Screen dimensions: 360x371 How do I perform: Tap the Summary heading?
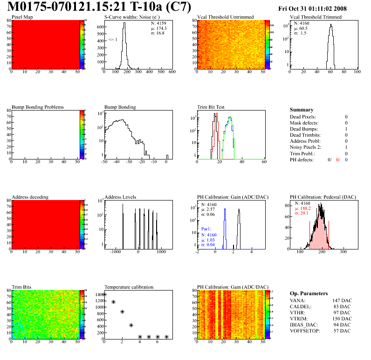tap(302, 110)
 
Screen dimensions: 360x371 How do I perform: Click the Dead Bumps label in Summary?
tap(302, 129)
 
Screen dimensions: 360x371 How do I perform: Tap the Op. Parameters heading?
tap(309, 293)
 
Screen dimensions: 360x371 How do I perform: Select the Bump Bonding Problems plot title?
tap(38, 107)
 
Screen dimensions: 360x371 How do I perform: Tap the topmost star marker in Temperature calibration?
tap(104, 294)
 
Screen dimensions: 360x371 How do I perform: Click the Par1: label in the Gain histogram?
tap(206, 229)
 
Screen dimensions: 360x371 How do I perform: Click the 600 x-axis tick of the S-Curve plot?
tap(172, 72)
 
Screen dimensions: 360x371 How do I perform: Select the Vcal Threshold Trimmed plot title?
tap(316, 17)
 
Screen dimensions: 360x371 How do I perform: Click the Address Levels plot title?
tap(121, 197)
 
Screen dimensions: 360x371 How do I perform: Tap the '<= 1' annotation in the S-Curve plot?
tap(112, 39)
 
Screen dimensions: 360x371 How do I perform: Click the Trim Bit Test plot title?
tap(211, 107)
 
